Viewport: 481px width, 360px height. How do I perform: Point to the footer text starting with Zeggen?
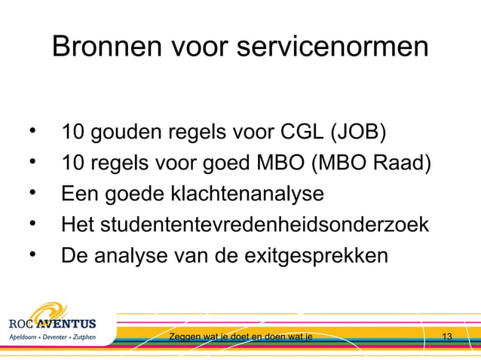(241, 336)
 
